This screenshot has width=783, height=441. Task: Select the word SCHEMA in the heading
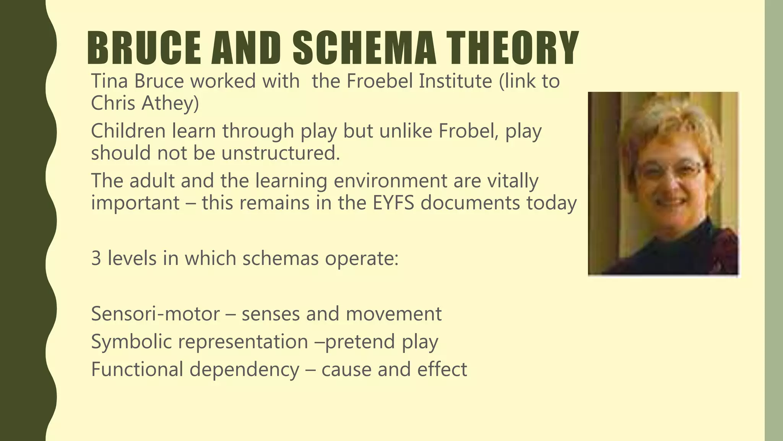(364, 48)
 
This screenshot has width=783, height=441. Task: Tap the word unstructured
(280, 153)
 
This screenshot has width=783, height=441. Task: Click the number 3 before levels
(96, 258)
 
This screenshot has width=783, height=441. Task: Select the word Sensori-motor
(155, 314)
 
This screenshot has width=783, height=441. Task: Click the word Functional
(137, 369)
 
